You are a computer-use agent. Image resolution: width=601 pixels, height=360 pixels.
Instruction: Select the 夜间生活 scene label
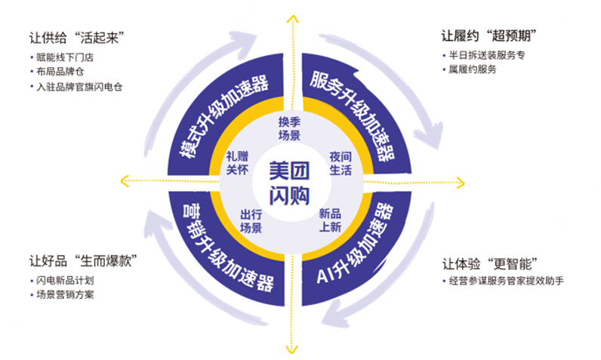pos(340,163)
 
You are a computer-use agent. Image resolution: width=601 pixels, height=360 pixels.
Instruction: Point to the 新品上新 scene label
pos(330,220)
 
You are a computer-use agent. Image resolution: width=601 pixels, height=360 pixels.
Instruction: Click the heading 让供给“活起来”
pos(76,38)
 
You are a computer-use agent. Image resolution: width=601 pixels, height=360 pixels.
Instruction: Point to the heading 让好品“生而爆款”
pos(87,261)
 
